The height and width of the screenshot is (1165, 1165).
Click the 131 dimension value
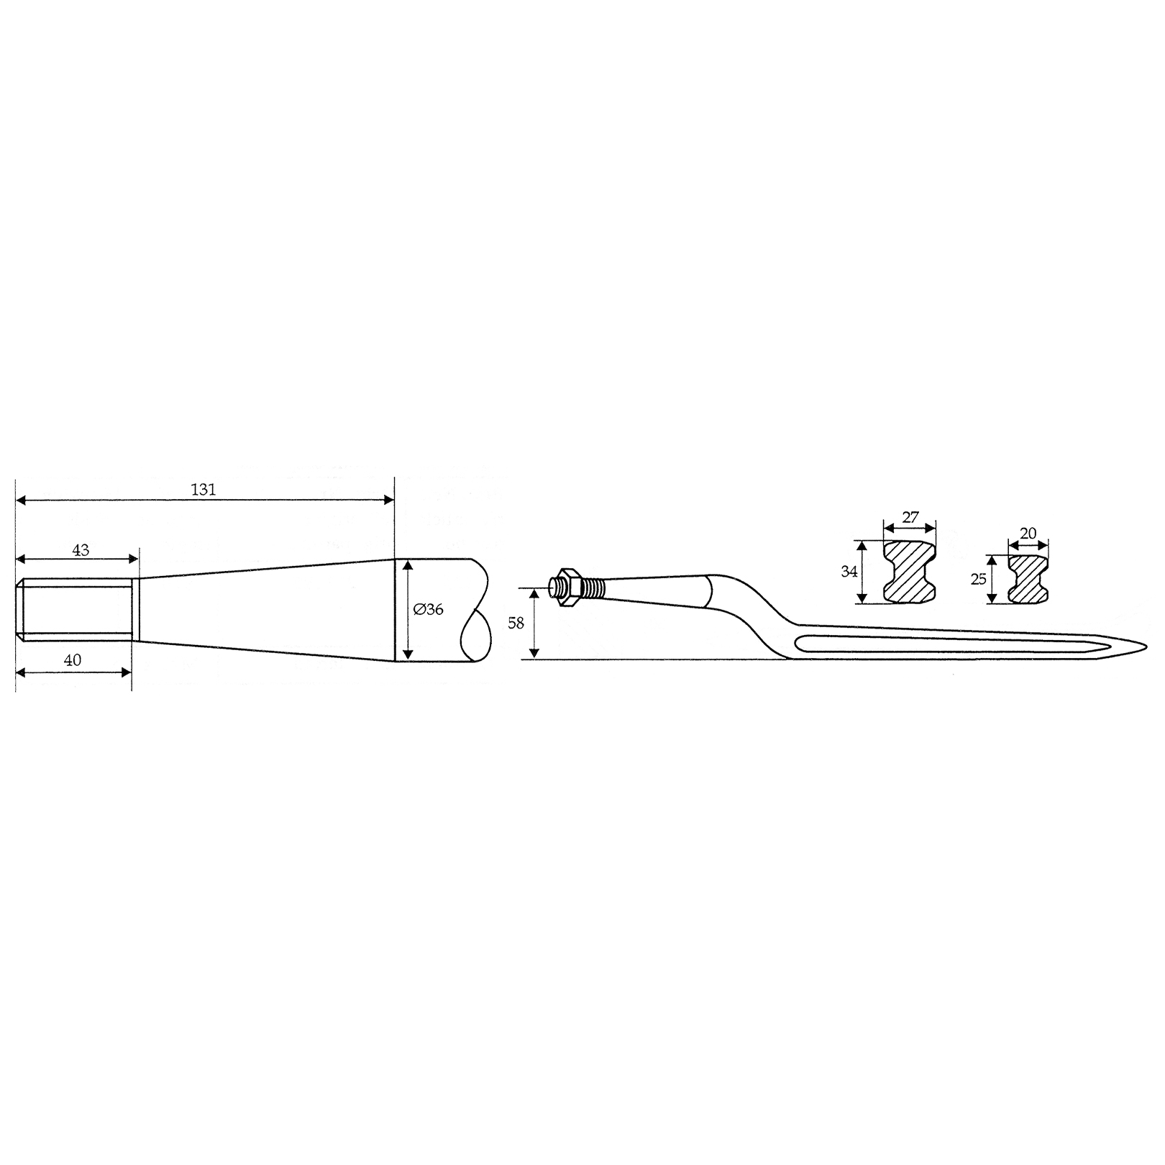[x=204, y=490]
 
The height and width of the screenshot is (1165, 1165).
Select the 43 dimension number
[x=81, y=549]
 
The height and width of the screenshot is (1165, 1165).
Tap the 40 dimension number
[x=73, y=659]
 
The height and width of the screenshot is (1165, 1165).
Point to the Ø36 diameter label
[x=429, y=609]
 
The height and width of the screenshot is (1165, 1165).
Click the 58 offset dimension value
[x=516, y=623]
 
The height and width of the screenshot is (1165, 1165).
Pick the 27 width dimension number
[x=910, y=517]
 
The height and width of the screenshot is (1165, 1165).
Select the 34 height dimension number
[x=849, y=572]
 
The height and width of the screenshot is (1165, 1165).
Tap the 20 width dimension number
[x=1028, y=533]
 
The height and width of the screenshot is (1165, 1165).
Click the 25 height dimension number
[x=979, y=578]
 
